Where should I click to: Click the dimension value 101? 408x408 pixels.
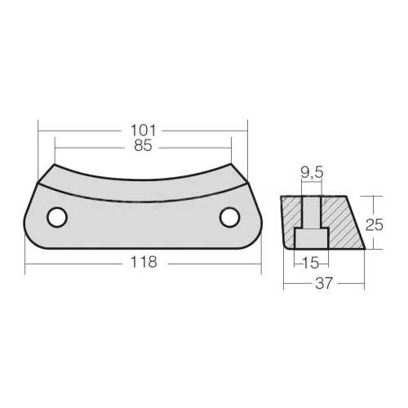[143, 130]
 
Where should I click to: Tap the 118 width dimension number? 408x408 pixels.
[143, 262]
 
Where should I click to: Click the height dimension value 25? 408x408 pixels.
[374, 222]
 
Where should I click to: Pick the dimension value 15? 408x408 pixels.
[309, 262]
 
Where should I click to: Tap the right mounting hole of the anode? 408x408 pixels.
[229, 217]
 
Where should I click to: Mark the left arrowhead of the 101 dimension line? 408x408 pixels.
[42, 130]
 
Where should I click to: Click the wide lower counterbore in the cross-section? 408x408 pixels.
[311, 238]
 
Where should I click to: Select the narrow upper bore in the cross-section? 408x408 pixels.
[312, 211]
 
